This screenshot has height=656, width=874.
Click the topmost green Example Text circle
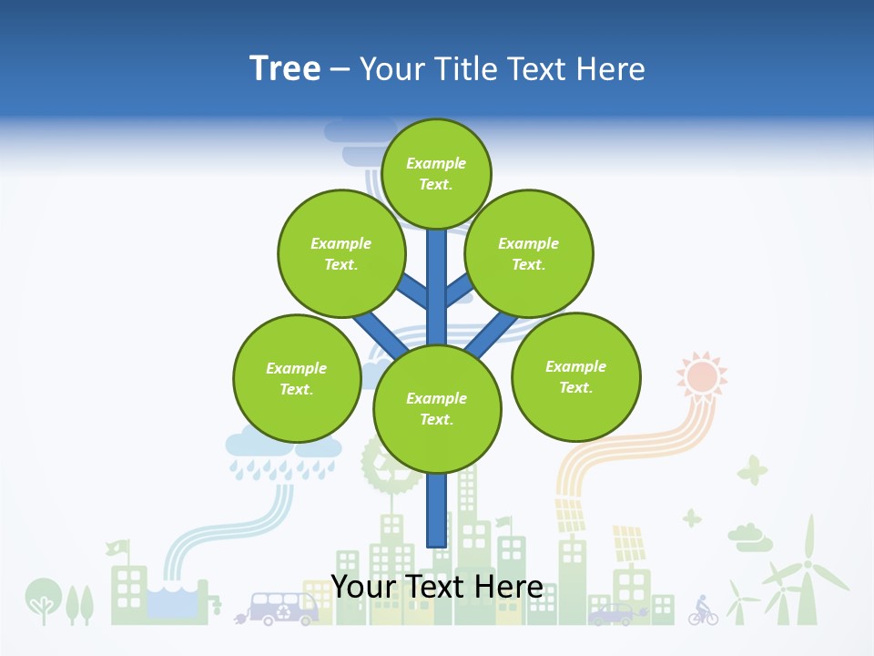point(436,173)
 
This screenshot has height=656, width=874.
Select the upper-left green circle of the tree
point(341,253)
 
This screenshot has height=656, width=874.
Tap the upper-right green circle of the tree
point(529,253)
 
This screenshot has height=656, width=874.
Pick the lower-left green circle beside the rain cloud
point(297,378)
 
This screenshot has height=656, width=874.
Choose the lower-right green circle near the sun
point(576,376)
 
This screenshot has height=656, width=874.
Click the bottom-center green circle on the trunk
point(437,408)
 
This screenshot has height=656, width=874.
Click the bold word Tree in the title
point(285,68)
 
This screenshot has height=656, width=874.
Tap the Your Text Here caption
point(437,587)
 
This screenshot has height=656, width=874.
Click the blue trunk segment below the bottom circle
point(437,510)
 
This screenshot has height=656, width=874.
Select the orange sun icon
point(702,375)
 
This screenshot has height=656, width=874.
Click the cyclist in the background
point(702,610)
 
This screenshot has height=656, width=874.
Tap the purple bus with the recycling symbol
point(283,608)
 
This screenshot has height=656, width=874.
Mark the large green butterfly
point(753,470)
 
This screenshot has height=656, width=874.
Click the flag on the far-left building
point(117,548)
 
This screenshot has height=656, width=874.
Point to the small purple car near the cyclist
point(612,615)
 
